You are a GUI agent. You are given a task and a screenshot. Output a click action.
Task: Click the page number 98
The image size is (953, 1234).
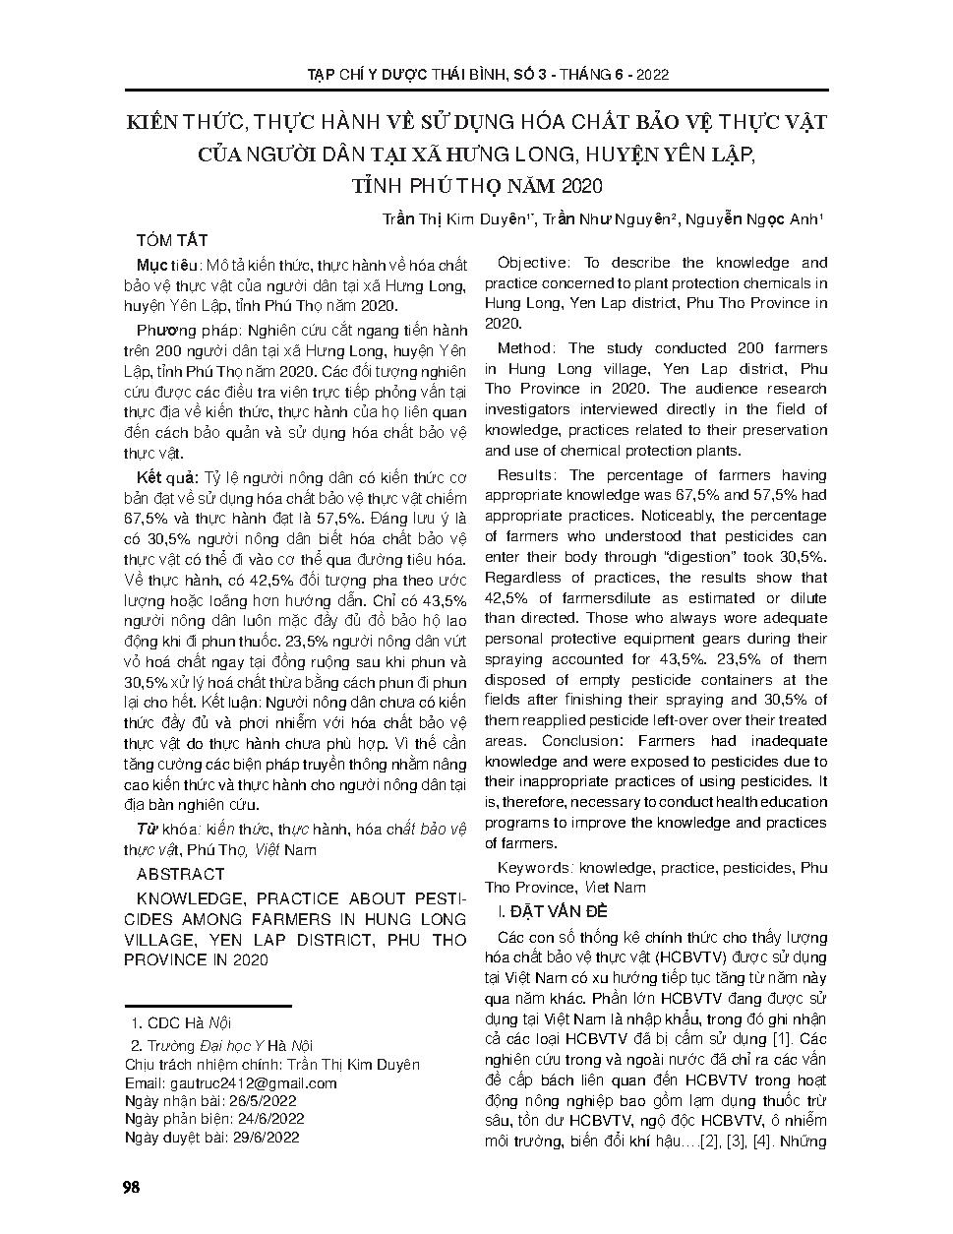point(131,1186)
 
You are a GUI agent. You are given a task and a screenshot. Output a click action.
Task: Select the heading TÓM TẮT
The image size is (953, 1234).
point(172,241)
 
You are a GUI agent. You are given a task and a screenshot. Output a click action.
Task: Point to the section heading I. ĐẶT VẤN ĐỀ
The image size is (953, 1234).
point(560,912)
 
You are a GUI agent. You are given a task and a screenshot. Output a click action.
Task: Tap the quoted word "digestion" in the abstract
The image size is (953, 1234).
point(702,556)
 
